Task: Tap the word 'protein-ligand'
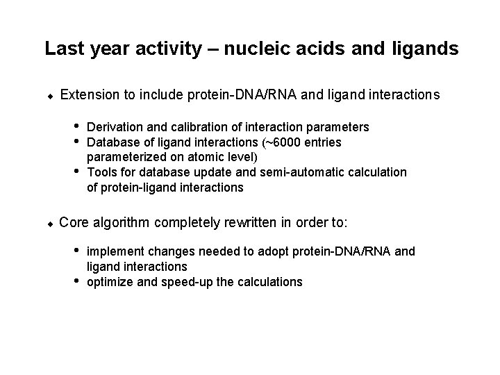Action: coord(137,187)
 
